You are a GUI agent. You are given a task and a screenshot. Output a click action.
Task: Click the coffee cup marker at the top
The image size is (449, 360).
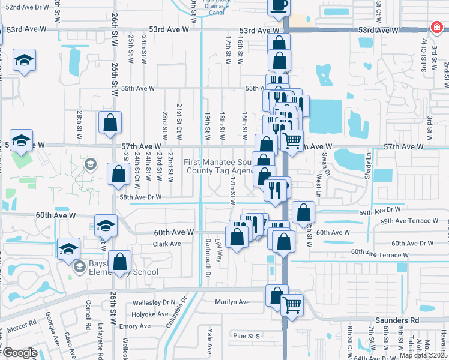[x=279, y=5]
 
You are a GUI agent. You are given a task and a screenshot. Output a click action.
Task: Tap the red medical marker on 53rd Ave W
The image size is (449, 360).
[x=436, y=28]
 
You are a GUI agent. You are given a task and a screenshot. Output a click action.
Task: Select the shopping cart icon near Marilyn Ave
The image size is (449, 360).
[x=292, y=305]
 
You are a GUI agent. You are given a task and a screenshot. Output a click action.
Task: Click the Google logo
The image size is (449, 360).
[x=19, y=353]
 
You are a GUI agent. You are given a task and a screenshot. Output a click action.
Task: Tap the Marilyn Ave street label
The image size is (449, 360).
[x=233, y=302]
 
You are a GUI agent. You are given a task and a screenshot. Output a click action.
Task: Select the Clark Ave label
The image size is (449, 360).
[x=167, y=244]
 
